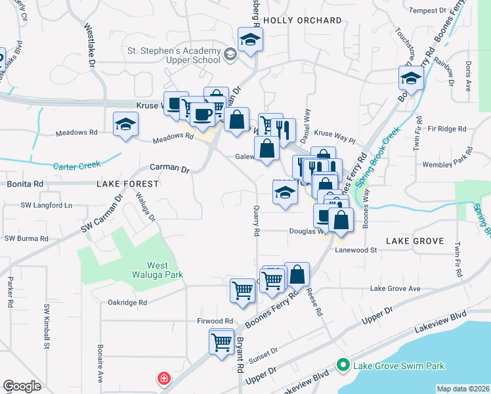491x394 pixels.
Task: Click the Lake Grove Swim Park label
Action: pyautogui.click(x=399, y=366)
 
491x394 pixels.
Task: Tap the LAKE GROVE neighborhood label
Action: pyautogui.click(x=415, y=241)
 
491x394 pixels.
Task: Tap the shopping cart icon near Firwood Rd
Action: pyautogui.click(x=221, y=341)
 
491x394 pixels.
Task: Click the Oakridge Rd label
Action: pyautogui.click(x=129, y=303)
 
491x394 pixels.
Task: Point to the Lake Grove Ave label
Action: pyautogui.click(x=395, y=288)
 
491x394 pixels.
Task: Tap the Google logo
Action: pyautogui.click(x=22, y=386)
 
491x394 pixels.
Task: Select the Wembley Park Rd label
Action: pyautogui.click(x=448, y=160)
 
